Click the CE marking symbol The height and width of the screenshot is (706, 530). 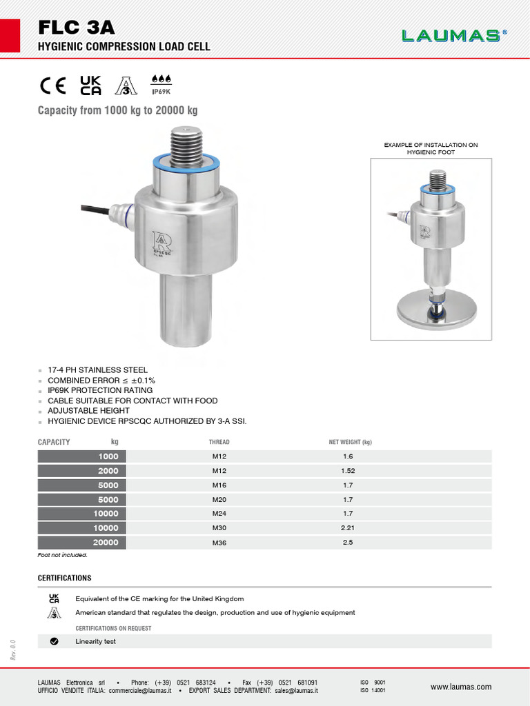(x=52, y=85)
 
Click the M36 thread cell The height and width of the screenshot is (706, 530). (x=219, y=543)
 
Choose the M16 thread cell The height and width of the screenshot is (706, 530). (x=219, y=485)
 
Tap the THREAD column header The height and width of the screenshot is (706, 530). (x=219, y=442)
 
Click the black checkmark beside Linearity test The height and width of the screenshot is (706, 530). (x=54, y=641)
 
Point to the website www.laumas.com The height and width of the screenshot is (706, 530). (x=461, y=687)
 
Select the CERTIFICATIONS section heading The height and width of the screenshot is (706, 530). (x=64, y=578)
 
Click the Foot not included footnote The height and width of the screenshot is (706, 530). (x=62, y=555)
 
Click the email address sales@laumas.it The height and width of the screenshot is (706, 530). (x=296, y=690)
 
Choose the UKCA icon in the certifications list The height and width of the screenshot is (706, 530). (x=54, y=598)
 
